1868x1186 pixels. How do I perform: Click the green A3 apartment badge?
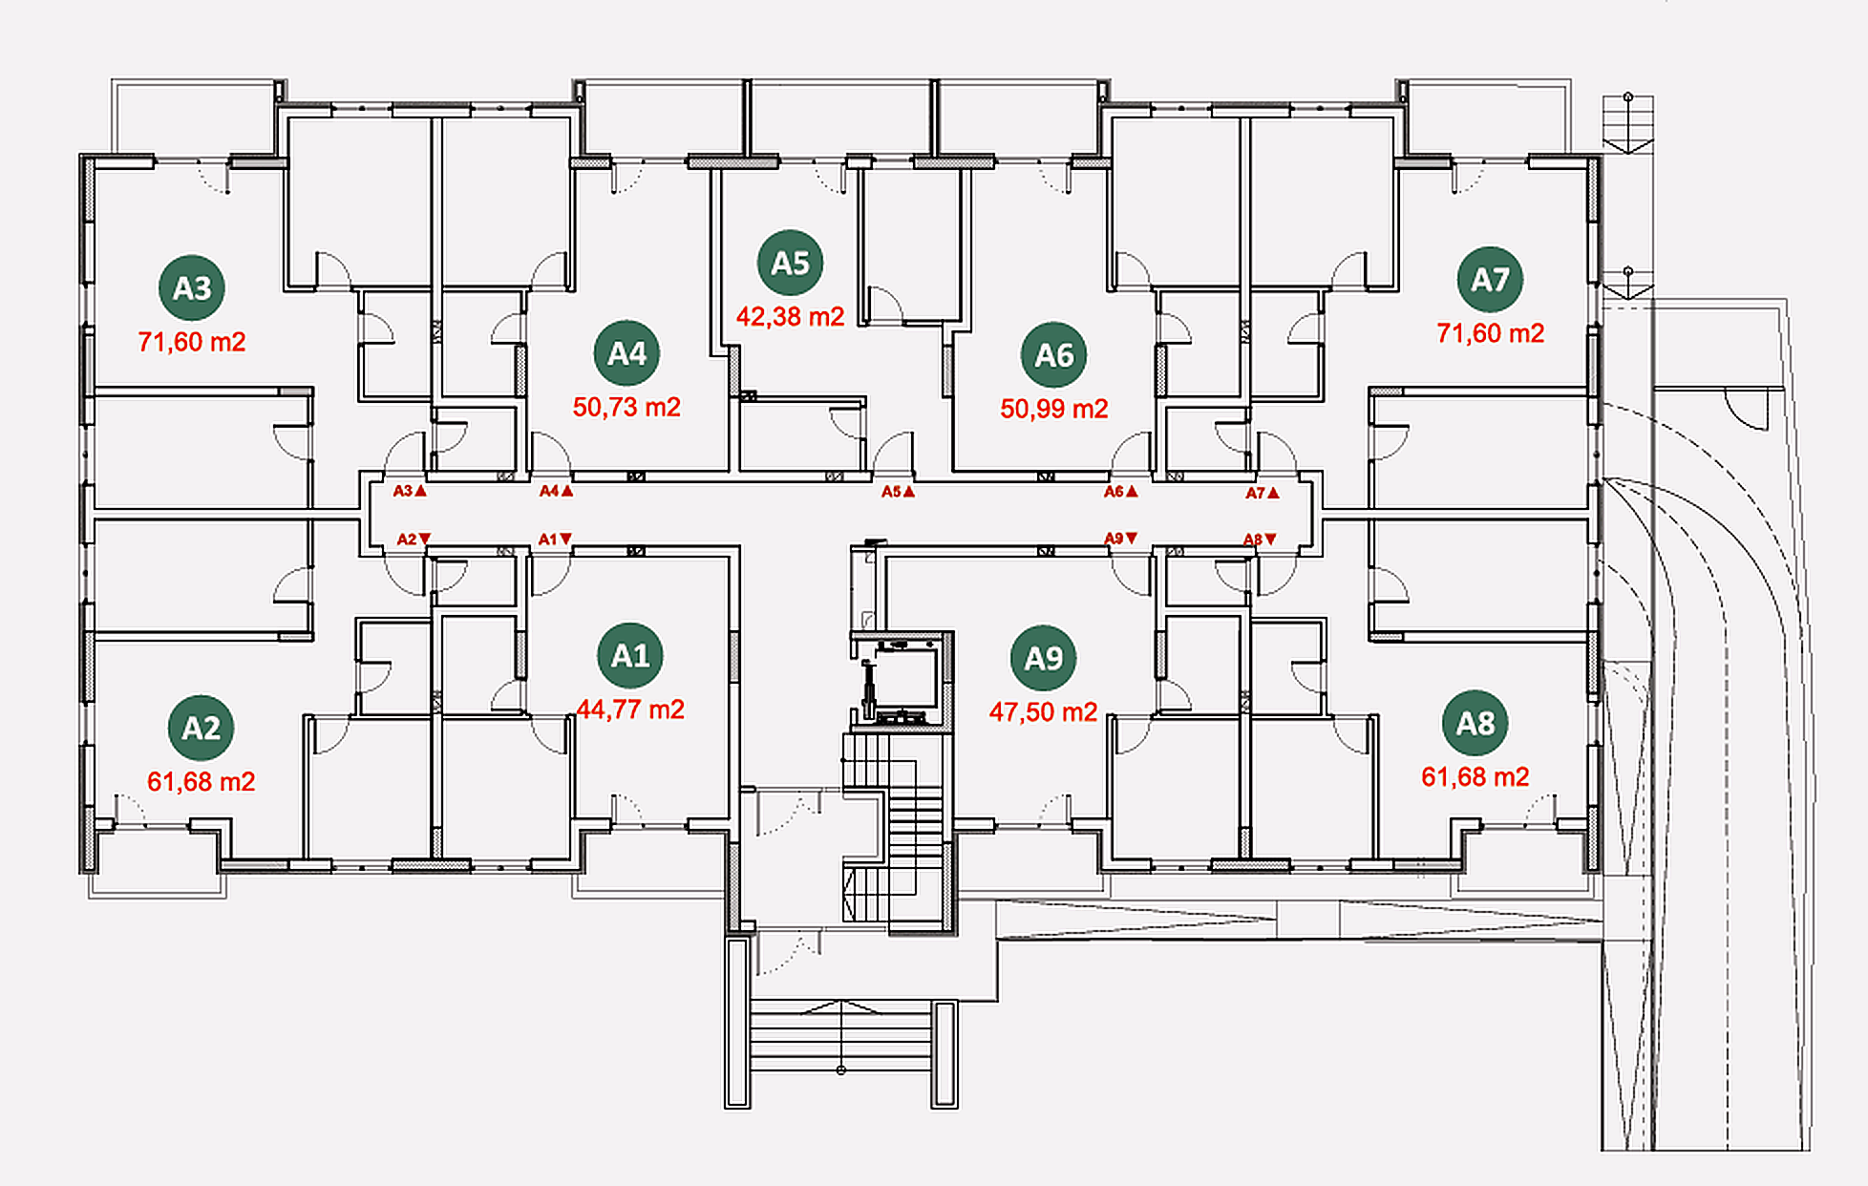(192, 287)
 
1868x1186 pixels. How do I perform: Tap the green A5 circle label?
(790, 263)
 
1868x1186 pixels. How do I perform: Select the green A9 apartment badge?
(1043, 658)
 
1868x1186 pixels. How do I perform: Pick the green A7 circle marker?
(1490, 280)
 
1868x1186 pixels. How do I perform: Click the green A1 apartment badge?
(630, 656)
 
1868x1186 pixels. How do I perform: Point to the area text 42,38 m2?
(790, 316)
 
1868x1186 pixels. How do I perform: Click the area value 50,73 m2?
(626, 407)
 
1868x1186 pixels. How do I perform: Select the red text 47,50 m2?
(1043, 712)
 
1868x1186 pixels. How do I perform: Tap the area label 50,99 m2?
(1054, 409)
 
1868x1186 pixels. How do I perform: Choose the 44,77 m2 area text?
(630, 709)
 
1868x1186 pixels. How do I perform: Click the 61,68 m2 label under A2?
(202, 782)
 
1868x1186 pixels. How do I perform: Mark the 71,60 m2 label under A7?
(1490, 333)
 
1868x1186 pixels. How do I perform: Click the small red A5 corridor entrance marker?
(898, 492)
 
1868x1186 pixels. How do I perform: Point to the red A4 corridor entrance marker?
(556, 491)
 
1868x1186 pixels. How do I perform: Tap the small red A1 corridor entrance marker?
(555, 540)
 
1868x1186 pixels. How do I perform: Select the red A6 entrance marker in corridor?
(1121, 492)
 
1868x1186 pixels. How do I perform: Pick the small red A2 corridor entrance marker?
(414, 540)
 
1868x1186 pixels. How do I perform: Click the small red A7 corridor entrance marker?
(1263, 493)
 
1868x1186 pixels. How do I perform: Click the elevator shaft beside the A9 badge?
(902, 681)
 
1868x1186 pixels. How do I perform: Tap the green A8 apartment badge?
(1475, 723)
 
